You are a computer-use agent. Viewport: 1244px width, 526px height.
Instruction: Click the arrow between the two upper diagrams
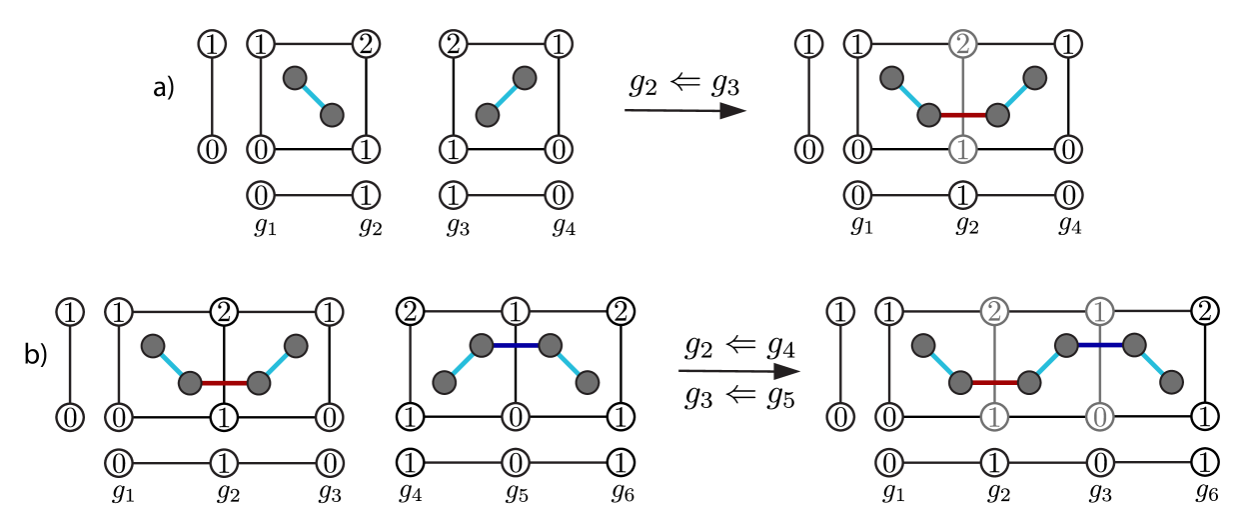[x=685, y=111]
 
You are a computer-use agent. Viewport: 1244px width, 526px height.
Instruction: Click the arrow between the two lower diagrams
[x=739, y=371]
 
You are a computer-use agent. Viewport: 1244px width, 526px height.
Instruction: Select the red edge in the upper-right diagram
[x=962, y=115]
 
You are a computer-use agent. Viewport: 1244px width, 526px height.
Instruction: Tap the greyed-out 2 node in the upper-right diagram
[x=962, y=44]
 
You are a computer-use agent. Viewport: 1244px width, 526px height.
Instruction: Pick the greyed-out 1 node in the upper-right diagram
[x=962, y=150]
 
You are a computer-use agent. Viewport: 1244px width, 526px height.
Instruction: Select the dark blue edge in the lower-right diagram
[x=1099, y=345]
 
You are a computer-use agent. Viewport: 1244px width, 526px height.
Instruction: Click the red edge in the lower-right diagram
[x=994, y=382]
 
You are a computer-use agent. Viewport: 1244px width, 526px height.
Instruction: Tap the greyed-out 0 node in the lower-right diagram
[x=1099, y=417]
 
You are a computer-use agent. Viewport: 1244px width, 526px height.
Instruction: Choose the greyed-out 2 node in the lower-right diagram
[x=994, y=312]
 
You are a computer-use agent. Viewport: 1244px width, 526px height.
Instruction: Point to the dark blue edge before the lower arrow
[x=516, y=345]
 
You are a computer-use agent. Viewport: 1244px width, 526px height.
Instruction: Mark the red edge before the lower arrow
[x=224, y=382]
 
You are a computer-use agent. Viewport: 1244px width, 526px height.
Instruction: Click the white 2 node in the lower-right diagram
[x=1205, y=312]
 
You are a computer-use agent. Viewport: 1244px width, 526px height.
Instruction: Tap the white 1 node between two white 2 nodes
[x=516, y=312]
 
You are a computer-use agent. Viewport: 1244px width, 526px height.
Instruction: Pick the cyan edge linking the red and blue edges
[x=1047, y=363]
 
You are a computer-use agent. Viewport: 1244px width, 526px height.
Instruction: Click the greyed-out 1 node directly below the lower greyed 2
[x=994, y=417]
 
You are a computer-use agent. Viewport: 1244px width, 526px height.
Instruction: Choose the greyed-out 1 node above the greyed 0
[x=1099, y=312]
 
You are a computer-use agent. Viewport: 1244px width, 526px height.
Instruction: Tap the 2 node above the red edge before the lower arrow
[x=224, y=312]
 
